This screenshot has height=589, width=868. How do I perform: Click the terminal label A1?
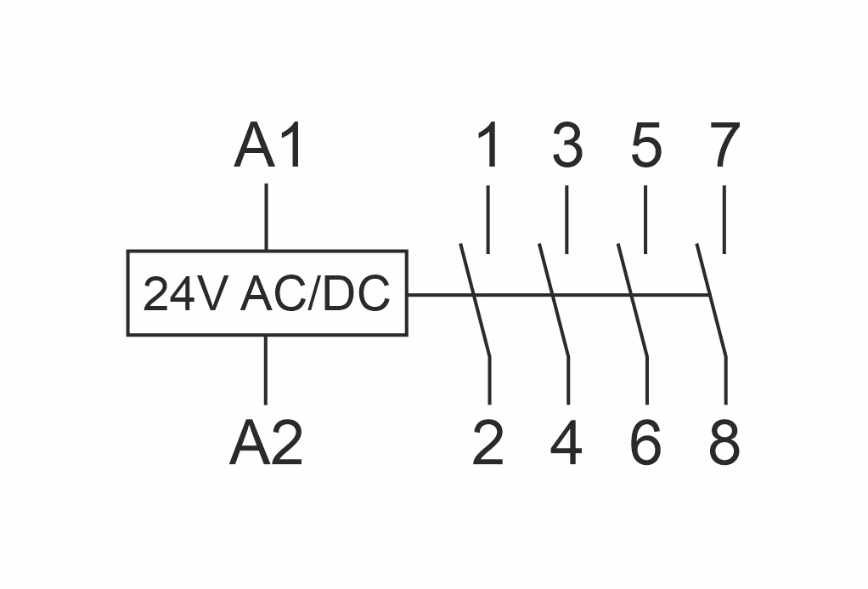coord(269,146)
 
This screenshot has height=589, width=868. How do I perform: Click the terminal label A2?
coord(267,444)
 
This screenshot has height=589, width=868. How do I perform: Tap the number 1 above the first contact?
coord(488,145)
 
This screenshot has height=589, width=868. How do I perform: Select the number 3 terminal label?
coord(567,145)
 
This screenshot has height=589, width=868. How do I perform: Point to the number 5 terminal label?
coord(646,145)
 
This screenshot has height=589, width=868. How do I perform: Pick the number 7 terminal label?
coord(724,145)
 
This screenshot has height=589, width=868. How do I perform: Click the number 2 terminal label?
coord(488,444)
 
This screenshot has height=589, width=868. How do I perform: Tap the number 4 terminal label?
coord(567,444)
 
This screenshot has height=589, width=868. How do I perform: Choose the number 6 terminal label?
coord(646,444)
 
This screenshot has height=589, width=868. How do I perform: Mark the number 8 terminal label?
coord(724,444)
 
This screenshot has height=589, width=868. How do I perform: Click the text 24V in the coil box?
coord(185,295)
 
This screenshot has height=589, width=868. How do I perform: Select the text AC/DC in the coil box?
coord(315,295)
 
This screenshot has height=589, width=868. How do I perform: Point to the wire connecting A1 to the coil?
coord(267,217)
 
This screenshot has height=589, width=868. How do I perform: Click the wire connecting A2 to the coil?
coord(267,370)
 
